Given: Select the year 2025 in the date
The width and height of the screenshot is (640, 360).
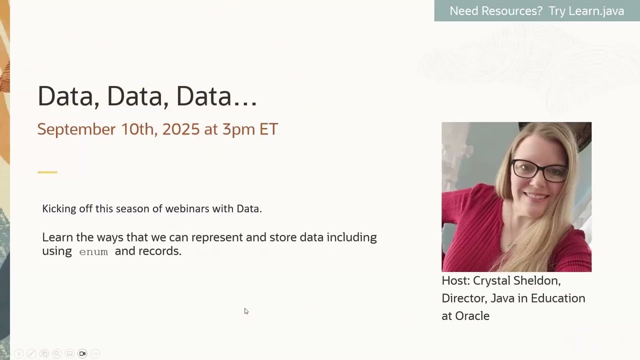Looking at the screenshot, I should pyautogui.click(x=180, y=129).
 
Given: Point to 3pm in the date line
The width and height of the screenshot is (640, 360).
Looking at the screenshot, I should pyautogui.click(x=238, y=129).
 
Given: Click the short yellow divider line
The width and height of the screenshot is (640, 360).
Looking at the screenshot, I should pyautogui.click(x=47, y=172).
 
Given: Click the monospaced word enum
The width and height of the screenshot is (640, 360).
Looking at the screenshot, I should pyautogui.click(x=93, y=251).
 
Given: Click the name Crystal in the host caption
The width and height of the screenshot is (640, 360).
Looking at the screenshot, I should pyautogui.click(x=491, y=280).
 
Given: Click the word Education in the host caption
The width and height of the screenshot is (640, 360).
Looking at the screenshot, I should pyautogui.click(x=557, y=298).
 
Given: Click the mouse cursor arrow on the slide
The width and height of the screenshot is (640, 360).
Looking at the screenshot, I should pyautogui.click(x=246, y=311).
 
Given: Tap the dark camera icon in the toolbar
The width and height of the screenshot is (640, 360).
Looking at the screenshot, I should pyautogui.click(x=82, y=353).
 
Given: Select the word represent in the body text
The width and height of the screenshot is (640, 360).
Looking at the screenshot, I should pyautogui.click(x=217, y=237).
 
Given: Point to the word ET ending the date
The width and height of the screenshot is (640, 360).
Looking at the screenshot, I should pyautogui.click(x=268, y=129).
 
